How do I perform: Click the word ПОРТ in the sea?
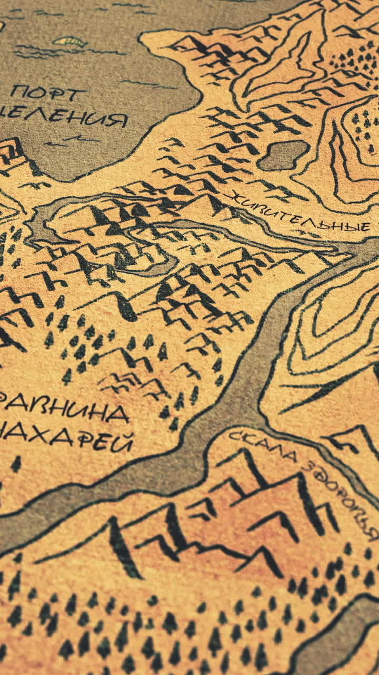point(48,94)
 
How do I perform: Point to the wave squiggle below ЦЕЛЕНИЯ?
point(74,140)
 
